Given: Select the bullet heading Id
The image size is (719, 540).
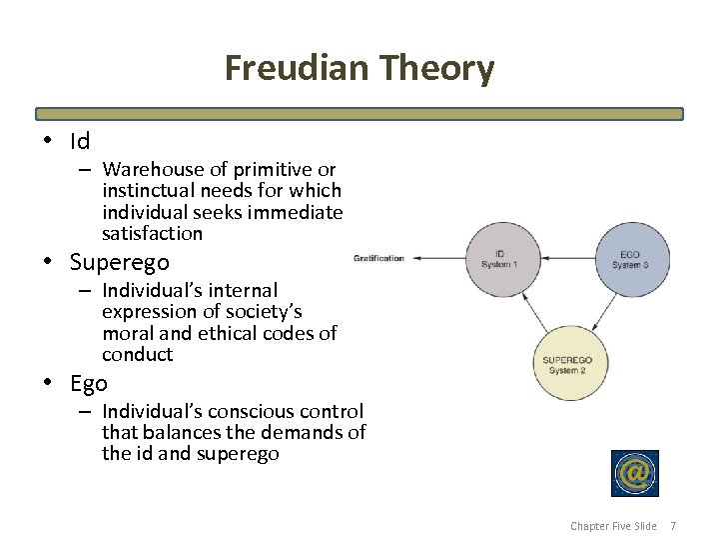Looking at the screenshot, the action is point(80,141).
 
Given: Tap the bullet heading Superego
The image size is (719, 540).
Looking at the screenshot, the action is point(119,262).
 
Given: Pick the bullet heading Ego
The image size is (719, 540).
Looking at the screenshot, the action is point(89,383).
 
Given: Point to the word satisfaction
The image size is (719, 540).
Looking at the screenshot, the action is point(152,234).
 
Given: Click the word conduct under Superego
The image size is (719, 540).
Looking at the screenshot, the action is point(137,355).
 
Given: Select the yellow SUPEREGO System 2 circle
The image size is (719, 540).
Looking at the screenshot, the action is point(567,363).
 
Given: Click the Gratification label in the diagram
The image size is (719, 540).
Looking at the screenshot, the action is point(378,258).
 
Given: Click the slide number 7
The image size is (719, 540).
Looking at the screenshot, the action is point(673,526).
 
